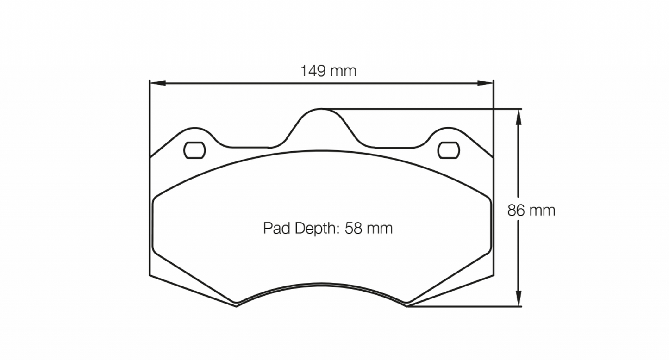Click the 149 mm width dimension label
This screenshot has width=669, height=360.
tap(328, 71)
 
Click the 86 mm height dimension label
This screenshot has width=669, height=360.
tap(531, 211)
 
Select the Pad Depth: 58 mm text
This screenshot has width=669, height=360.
tap(328, 228)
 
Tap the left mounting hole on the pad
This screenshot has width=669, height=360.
tap(194, 150)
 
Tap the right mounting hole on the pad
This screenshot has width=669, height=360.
tap(448, 150)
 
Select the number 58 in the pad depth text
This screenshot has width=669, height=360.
tap(353, 228)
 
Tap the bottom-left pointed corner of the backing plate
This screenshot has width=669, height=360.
tap(237, 306)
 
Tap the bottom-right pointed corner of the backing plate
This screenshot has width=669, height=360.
tap(407, 306)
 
